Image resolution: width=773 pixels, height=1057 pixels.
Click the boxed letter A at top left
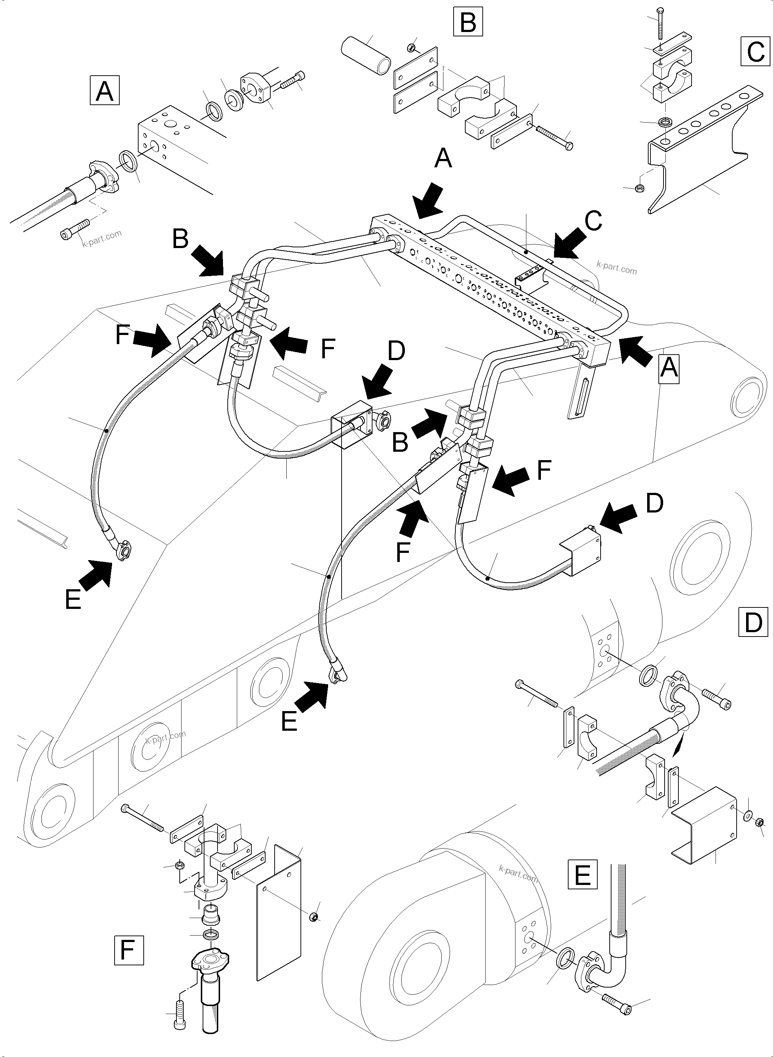point(104,90)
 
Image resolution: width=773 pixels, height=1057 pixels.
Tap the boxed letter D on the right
point(753,622)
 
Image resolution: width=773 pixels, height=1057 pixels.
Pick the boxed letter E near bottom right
point(582,874)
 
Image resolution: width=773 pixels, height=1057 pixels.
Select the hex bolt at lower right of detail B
point(554,137)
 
